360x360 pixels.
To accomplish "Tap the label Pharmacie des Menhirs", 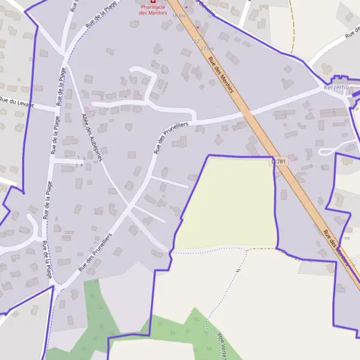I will coord(152,10).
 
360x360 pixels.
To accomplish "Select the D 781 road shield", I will coord(280,161).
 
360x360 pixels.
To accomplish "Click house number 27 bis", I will coord(208,47).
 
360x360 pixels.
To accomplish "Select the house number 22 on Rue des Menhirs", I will coord(196,41).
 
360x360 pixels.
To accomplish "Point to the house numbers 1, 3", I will coord(80,157).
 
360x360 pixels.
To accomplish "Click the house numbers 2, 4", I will coord(79,165).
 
